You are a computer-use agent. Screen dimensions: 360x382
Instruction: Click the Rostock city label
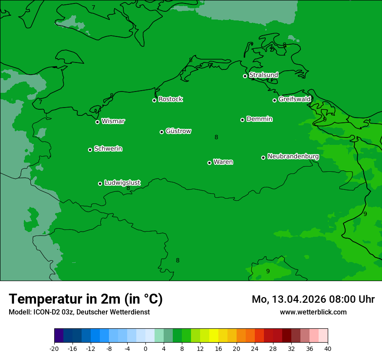[170, 99]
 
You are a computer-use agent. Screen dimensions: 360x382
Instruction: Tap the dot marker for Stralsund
[245, 76]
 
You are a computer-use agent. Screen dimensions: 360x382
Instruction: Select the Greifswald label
[294, 99]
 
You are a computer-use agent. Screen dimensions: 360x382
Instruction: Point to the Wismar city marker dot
[97, 122]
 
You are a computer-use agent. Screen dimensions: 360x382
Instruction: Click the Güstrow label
[178, 131]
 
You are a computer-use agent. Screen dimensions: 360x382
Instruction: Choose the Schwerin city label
[108, 149]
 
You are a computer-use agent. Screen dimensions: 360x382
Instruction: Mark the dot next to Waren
[209, 163]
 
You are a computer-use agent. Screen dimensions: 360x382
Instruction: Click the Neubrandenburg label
[293, 156]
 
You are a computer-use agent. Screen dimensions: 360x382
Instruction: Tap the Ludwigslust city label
[122, 183]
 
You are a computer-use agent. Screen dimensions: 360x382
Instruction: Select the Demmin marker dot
[242, 120]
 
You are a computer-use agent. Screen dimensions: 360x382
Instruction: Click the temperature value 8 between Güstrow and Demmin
[216, 137]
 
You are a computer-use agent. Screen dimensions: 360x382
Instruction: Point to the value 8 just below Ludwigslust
[128, 188]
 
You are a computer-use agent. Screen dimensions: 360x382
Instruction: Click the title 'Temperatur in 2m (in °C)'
[86, 299]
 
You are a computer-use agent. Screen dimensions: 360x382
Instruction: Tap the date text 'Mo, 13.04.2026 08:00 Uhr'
[313, 299]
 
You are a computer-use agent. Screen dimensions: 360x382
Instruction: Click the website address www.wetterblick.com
[313, 312]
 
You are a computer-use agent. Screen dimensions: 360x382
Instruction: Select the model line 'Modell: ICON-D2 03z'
[79, 312]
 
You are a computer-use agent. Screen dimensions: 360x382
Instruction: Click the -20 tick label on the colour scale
[54, 348]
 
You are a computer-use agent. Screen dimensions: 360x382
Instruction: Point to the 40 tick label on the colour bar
[328, 348]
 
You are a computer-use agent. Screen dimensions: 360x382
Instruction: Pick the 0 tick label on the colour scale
[145, 348]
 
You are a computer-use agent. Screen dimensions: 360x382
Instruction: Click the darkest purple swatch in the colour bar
[59, 336]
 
